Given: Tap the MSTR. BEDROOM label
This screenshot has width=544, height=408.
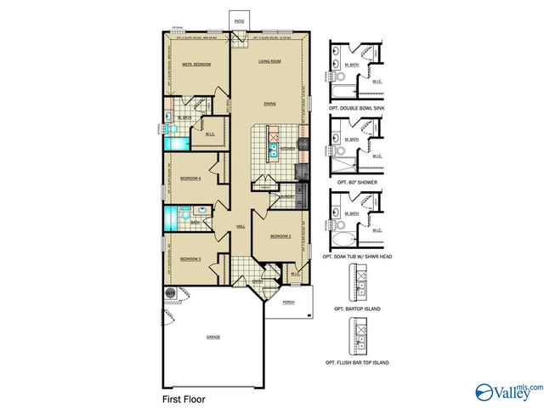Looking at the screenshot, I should tap(196, 65).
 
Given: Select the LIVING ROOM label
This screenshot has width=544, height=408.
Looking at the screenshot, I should tap(270, 61).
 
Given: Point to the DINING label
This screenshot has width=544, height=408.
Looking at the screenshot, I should tap(269, 105).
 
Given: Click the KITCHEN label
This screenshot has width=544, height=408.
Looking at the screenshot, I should tap(288, 148).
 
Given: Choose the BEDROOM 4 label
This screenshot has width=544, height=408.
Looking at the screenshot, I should tap(190, 178).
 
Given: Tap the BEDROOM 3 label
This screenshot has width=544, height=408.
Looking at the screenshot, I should tap(190, 258).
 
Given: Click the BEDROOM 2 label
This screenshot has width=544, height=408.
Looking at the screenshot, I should tap(281, 235).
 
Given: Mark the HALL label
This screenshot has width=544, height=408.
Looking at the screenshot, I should tap(241, 226).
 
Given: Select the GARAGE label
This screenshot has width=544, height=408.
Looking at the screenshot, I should tap(212, 337).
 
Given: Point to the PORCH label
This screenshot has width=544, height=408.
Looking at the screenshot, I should tap(288, 300).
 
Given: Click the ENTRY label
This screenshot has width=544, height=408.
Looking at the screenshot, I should tap(257, 280).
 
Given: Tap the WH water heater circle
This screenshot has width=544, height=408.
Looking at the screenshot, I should tap(169, 294).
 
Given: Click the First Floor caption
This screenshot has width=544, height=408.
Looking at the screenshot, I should tap(184, 397).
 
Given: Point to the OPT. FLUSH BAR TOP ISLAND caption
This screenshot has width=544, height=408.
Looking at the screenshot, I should tap(356, 363).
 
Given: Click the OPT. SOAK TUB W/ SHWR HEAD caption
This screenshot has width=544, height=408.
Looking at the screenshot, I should tap(356, 256).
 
